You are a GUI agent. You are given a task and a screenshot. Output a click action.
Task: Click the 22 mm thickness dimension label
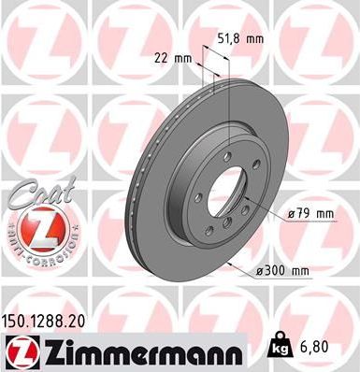click(173, 59)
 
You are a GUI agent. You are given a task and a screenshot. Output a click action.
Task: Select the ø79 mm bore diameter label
click(310, 214)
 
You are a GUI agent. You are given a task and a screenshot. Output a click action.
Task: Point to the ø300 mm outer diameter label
click(282, 272)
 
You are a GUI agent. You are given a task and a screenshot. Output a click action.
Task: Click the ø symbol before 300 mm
click(258, 272)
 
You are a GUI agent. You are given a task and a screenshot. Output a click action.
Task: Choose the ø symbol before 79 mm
click(292, 214)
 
